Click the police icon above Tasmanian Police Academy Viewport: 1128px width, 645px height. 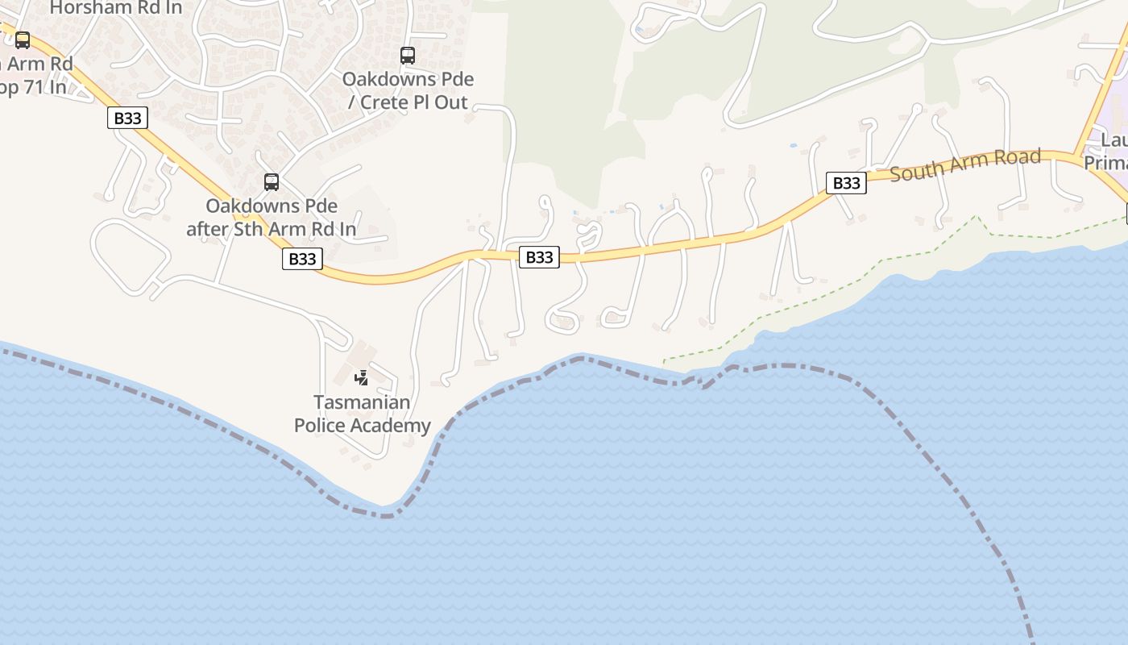coord(362,377)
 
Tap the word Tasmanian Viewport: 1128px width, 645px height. coord(362,402)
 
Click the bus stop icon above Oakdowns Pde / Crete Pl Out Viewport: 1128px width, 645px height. coord(408,56)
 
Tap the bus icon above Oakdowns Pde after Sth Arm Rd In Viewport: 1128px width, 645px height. coord(272,182)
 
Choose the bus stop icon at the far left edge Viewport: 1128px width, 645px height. coord(23,40)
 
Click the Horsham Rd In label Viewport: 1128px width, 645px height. coord(116,8)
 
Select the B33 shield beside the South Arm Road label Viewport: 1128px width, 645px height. coord(846,183)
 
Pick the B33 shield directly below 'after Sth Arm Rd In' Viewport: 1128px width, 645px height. coord(302,259)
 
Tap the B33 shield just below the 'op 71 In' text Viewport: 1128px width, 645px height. coord(127,119)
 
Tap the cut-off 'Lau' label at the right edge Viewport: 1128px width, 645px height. coord(1115,141)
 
